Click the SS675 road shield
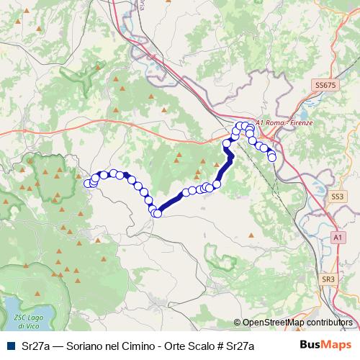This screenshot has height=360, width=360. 325,85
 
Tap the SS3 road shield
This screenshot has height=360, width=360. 336,196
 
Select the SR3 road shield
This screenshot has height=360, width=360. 328,279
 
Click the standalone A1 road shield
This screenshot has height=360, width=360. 338,236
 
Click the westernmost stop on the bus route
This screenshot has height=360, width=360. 89,184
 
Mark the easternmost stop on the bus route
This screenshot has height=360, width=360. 272,157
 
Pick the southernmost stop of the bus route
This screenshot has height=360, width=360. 153,212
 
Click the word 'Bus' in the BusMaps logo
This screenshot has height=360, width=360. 312,346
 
